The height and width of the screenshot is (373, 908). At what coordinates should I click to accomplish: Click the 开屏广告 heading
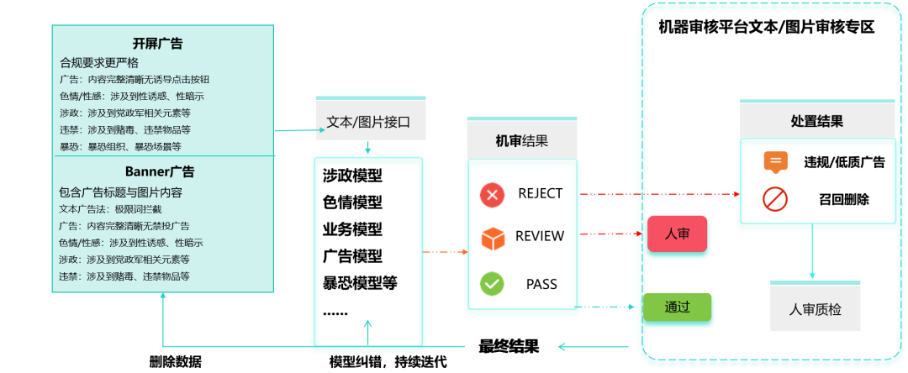click(x=157, y=44)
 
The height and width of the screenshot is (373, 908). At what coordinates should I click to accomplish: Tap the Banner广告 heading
click(x=160, y=172)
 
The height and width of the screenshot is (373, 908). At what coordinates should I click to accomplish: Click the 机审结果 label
click(x=521, y=140)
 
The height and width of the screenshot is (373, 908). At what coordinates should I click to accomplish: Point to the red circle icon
click(x=492, y=195)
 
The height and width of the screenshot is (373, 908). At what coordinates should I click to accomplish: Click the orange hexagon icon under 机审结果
click(x=493, y=239)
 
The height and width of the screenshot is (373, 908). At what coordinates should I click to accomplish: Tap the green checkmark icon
click(x=492, y=283)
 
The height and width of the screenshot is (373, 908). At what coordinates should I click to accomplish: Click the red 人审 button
click(x=678, y=234)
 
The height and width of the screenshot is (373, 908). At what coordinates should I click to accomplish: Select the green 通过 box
click(x=678, y=307)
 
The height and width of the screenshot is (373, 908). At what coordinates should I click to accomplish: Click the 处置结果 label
click(x=816, y=121)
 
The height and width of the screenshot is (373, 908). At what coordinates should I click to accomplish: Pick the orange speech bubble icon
click(x=775, y=162)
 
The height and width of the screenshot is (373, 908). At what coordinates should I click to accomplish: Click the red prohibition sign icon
click(x=774, y=199)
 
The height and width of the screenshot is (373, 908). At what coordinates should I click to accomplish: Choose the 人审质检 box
click(x=815, y=309)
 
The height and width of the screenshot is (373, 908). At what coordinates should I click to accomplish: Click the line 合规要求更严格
click(x=99, y=62)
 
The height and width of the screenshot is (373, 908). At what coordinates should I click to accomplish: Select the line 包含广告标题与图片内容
click(x=120, y=192)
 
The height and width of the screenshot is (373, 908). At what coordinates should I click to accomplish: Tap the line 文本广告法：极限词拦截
click(x=110, y=209)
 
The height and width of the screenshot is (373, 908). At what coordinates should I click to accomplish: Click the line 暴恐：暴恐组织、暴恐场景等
click(x=120, y=147)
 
